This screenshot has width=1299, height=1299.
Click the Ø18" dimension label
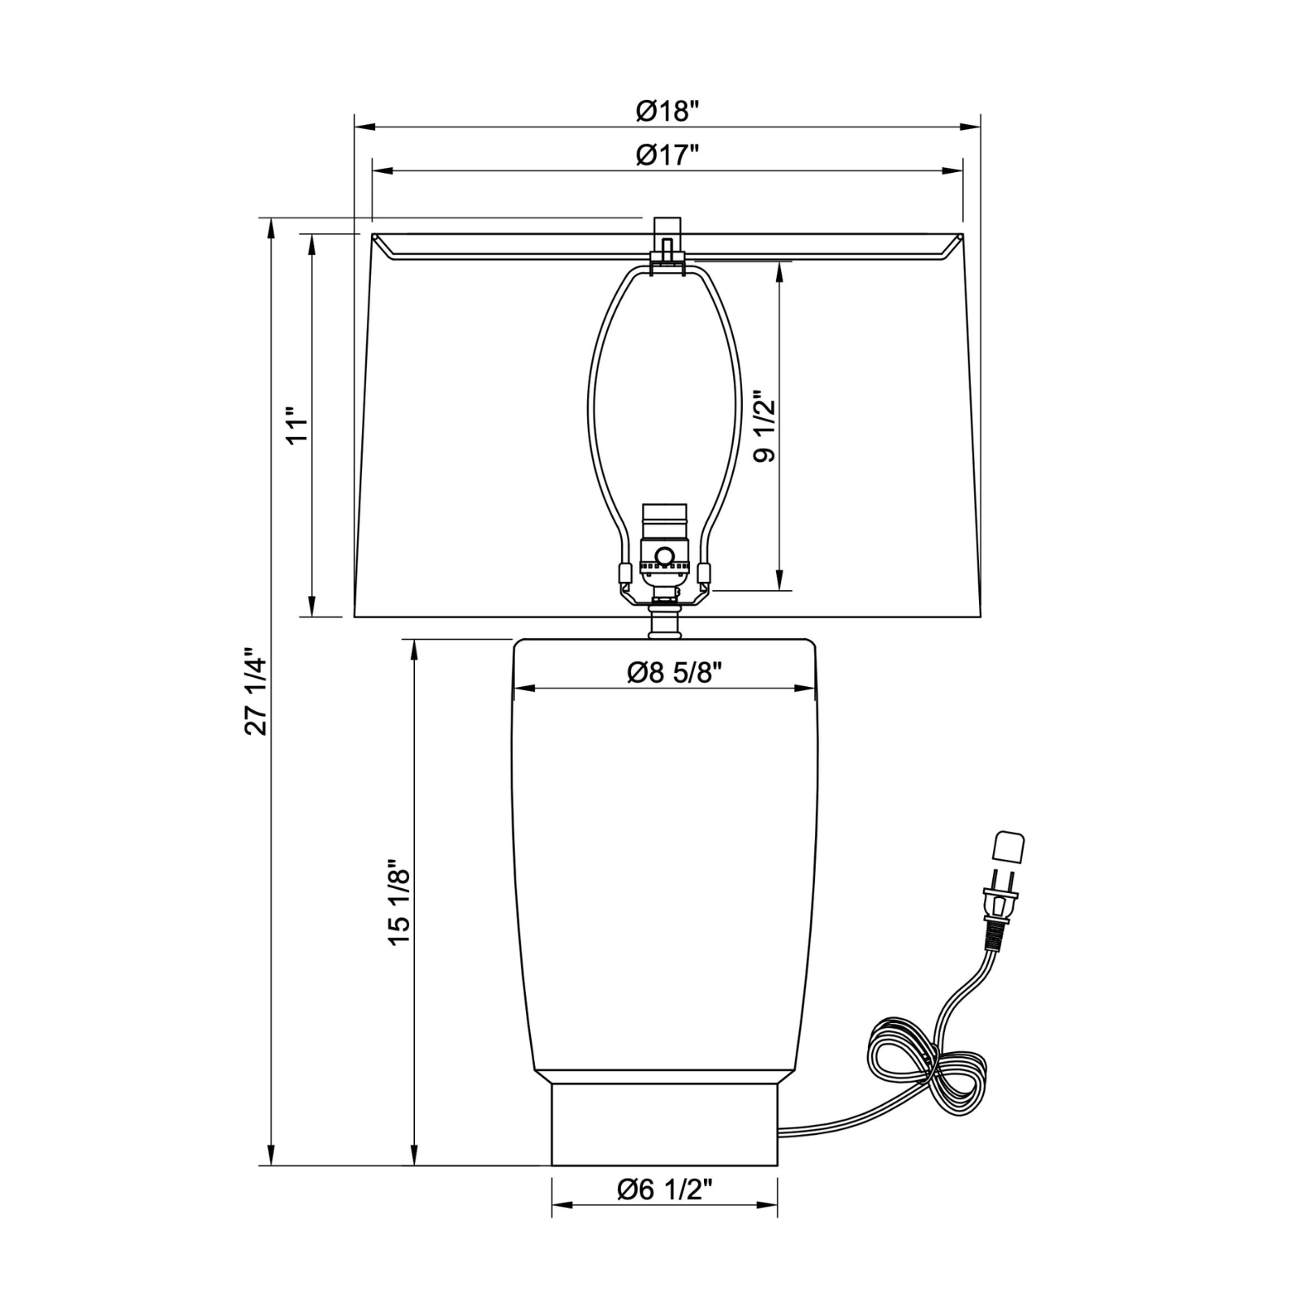[667, 111]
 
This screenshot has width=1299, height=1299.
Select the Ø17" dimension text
[667, 155]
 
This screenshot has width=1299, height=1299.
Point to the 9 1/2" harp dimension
[764, 430]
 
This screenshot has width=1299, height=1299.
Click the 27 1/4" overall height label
[256, 691]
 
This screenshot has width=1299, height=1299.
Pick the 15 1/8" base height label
[399, 902]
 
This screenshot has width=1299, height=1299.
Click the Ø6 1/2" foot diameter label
[665, 1189]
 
